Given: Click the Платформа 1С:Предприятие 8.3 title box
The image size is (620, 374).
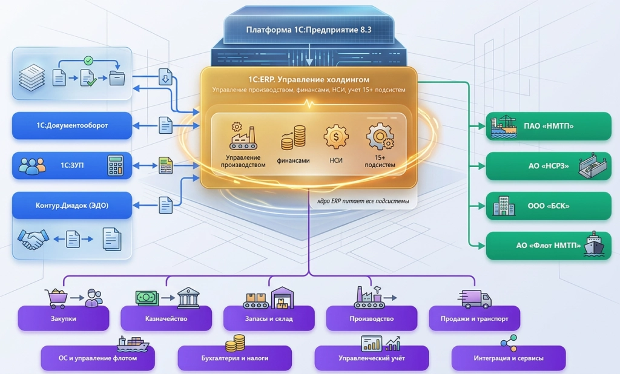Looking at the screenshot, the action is click(x=309, y=30).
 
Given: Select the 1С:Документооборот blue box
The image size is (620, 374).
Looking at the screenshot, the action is click(x=72, y=125).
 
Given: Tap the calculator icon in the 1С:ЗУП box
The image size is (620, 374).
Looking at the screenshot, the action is click(x=116, y=165).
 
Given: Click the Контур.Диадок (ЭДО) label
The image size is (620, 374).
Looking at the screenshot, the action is click(x=72, y=206).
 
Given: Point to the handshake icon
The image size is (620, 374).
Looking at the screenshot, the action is click(x=33, y=239).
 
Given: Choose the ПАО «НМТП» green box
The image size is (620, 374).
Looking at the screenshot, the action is click(x=549, y=126).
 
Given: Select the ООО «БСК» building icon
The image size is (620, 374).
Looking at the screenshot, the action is click(x=503, y=206).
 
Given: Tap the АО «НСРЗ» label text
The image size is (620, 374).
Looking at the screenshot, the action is click(x=549, y=166).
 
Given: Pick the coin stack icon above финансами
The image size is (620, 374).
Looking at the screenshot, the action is click(x=294, y=138).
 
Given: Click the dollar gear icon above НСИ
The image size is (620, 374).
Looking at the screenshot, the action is click(x=336, y=137).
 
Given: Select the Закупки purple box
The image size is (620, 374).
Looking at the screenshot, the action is click(x=63, y=318).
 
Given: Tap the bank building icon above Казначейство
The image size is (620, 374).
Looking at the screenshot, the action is click(x=188, y=298).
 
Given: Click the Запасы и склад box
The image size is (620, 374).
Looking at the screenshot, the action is click(x=269, y=318).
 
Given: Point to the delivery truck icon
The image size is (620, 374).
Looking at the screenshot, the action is click(x=475, y=299).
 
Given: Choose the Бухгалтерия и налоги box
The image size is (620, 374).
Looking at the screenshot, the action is click(x=235, y=358).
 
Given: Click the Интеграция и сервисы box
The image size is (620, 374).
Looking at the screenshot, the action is click(x=509, y=358).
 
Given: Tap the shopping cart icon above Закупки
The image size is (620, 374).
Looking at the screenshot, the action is click(x=57, y=298).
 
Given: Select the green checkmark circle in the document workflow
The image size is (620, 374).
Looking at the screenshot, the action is click(x=88, y=61).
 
